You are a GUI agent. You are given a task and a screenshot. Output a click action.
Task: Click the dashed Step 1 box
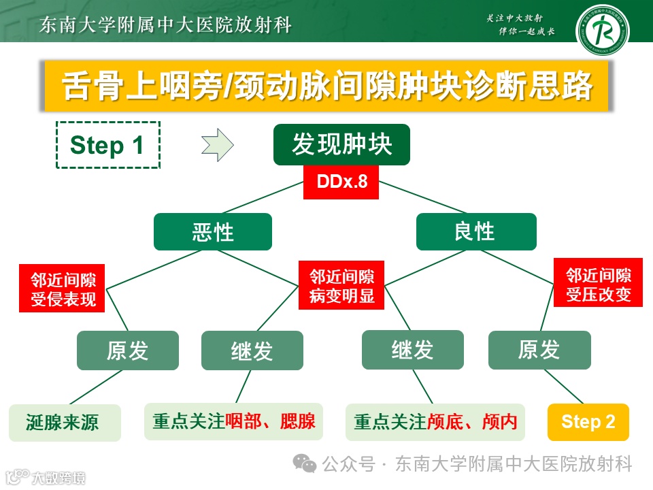click(107, 145)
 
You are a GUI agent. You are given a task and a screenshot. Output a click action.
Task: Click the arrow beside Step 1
click(218, 145)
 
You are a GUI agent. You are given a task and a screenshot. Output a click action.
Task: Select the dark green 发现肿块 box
click(341, 144)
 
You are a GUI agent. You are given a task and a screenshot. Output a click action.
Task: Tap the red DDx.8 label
click(341, 182)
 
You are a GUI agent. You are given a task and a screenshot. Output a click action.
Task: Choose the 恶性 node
click(212, 231)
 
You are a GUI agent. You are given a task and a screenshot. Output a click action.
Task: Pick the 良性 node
click(475, 231)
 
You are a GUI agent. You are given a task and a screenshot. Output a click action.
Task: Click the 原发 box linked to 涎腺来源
click(127, 350)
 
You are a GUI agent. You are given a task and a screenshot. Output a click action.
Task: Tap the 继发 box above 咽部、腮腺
click(252, 350)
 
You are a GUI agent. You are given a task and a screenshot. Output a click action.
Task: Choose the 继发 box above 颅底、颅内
click(412, 350)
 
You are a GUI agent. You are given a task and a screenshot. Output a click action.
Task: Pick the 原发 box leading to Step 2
click(539, 350)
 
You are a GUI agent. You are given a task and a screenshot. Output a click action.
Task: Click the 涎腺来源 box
click(65, 422)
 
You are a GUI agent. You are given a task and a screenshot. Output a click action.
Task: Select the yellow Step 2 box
click(588, 422)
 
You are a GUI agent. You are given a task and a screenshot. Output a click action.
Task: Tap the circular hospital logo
click(602, 31)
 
